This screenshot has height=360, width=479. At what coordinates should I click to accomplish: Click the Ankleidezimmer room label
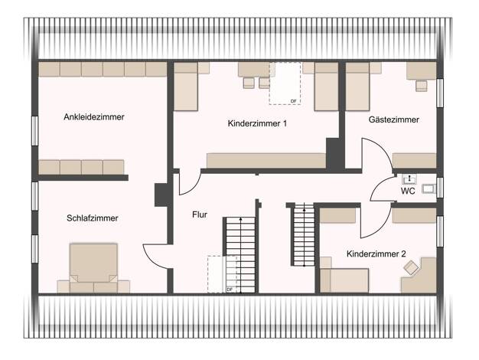click(94, 117)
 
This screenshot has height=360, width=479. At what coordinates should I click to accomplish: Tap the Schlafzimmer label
click(93, 218)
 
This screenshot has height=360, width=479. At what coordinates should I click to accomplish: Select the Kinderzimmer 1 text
click(257, 123)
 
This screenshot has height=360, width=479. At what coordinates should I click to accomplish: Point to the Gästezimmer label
click(394, 119)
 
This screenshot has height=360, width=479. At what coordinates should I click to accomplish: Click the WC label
click(408, 191)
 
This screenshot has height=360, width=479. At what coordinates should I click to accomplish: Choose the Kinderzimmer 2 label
click(376, 254)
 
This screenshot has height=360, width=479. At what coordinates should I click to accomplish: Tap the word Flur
click(200, 214)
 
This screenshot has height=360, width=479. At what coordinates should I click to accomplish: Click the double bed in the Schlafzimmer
click(93, 267)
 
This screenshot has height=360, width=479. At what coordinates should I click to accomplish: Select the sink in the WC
click(409, 178)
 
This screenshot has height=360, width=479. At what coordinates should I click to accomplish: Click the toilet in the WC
click(429, 188)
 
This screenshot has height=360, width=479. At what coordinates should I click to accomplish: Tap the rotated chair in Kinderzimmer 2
click(411, 267)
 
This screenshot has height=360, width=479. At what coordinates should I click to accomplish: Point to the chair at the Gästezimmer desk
click(422, 86)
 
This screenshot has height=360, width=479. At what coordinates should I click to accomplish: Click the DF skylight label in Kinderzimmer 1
click(293, 101)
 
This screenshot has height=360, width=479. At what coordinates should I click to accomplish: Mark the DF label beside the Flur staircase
click(229, 290)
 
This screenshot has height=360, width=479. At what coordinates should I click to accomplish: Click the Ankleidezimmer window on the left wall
click(35, 131)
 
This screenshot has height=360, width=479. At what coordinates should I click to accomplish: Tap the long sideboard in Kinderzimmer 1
click(266, 161)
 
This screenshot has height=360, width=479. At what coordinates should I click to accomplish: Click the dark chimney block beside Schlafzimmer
click(161, 195)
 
